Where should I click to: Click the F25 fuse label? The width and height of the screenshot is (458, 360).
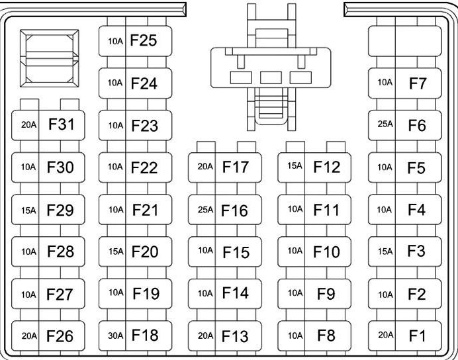[144, 41]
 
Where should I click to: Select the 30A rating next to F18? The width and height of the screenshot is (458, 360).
[115, 336]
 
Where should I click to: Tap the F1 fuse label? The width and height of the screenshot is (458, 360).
[417, 336]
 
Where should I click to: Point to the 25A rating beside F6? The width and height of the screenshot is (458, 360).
[385, 124]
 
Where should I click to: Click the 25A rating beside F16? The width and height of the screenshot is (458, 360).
[205, 210]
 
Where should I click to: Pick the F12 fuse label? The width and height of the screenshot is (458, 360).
[327, 167]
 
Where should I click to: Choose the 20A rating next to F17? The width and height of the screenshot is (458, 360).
[205, 167]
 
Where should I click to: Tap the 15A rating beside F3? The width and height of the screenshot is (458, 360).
[385, 251]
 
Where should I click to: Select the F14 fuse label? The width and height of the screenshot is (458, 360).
[234, 294]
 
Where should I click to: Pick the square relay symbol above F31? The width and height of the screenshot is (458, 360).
[50, 58]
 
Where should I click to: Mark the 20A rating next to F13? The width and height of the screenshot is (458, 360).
[205, 336]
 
